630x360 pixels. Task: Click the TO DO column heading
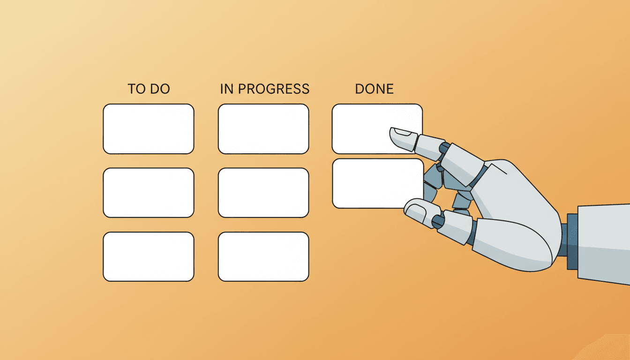(149, 89)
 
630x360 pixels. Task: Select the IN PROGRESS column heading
(265, 89)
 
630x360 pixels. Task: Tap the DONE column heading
(374, 89)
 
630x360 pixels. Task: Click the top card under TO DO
(149, 129)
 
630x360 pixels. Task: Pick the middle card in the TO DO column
(149, 193)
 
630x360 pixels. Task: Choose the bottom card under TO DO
(149, 256)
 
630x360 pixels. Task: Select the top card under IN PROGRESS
(263, 129)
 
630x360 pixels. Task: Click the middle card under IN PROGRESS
(263, 193)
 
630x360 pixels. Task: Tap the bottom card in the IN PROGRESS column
(263, 256)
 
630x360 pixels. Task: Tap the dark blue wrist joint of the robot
(572, 241)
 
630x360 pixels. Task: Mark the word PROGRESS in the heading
(274, 89)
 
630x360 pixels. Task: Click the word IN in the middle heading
(227, 89)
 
